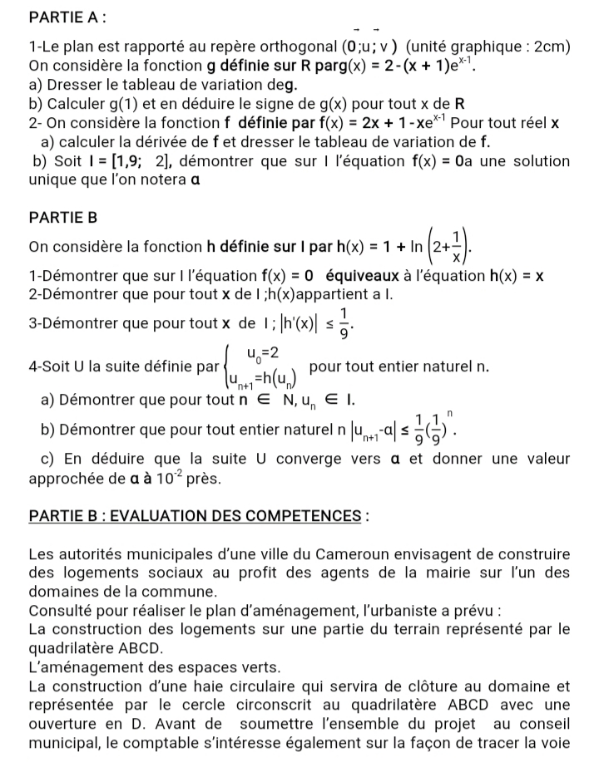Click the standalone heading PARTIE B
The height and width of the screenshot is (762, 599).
click(x=63, y=218)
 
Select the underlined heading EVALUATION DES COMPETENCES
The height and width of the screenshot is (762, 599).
click(x=233, y=516)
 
